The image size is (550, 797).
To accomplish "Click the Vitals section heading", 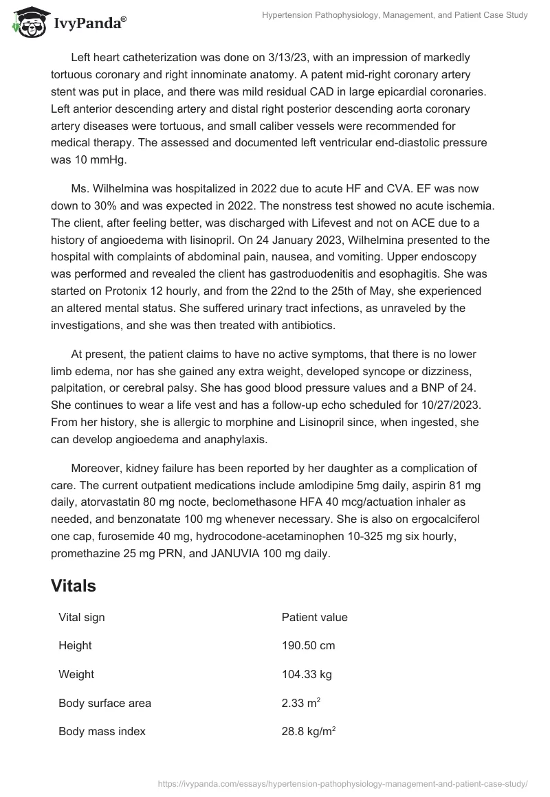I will coord(73,586).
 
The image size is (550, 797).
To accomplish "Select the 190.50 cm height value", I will coord(308,646).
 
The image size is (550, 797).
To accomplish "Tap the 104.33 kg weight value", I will coord(307,675).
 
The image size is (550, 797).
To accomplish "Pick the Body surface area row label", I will coord(104,704).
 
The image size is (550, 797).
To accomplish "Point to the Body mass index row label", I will coord(102,732).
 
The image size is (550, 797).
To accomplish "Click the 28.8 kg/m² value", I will coord(308,732).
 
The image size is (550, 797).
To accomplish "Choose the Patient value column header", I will coord(314,617).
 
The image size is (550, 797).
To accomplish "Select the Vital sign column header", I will coord(82,617).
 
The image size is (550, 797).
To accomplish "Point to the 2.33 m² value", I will coord(299,703).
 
